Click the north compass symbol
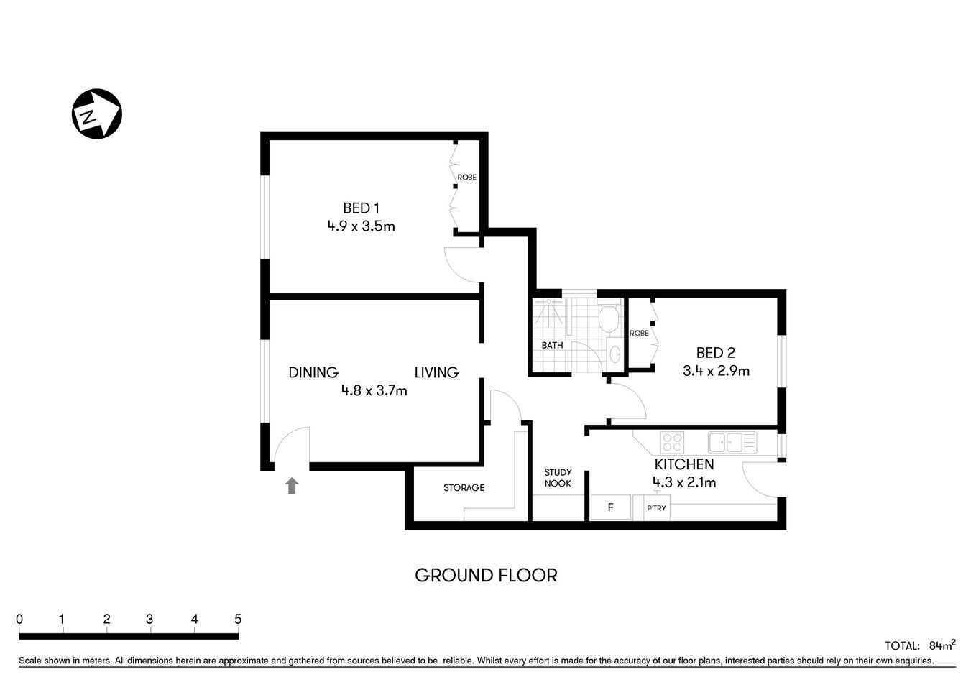tap(97, 114)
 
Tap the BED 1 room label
tap(361, 208)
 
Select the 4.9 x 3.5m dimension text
tap(361, 226)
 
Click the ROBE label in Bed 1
tap(466, 178)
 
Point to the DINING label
tap(313, 372)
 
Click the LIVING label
tap(436, 372)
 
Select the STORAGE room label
tap(464, 488)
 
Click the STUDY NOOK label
tap(558, 478)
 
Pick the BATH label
tap(552, 346)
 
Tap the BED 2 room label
tap(715, 353)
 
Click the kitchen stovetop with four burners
tap(673, 441)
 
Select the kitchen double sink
tap(732, 441)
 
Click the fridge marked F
tap(610, 507)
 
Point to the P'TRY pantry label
tap(656, 508)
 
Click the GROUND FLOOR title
tap(486, 576)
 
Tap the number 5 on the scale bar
tap(238, 620)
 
